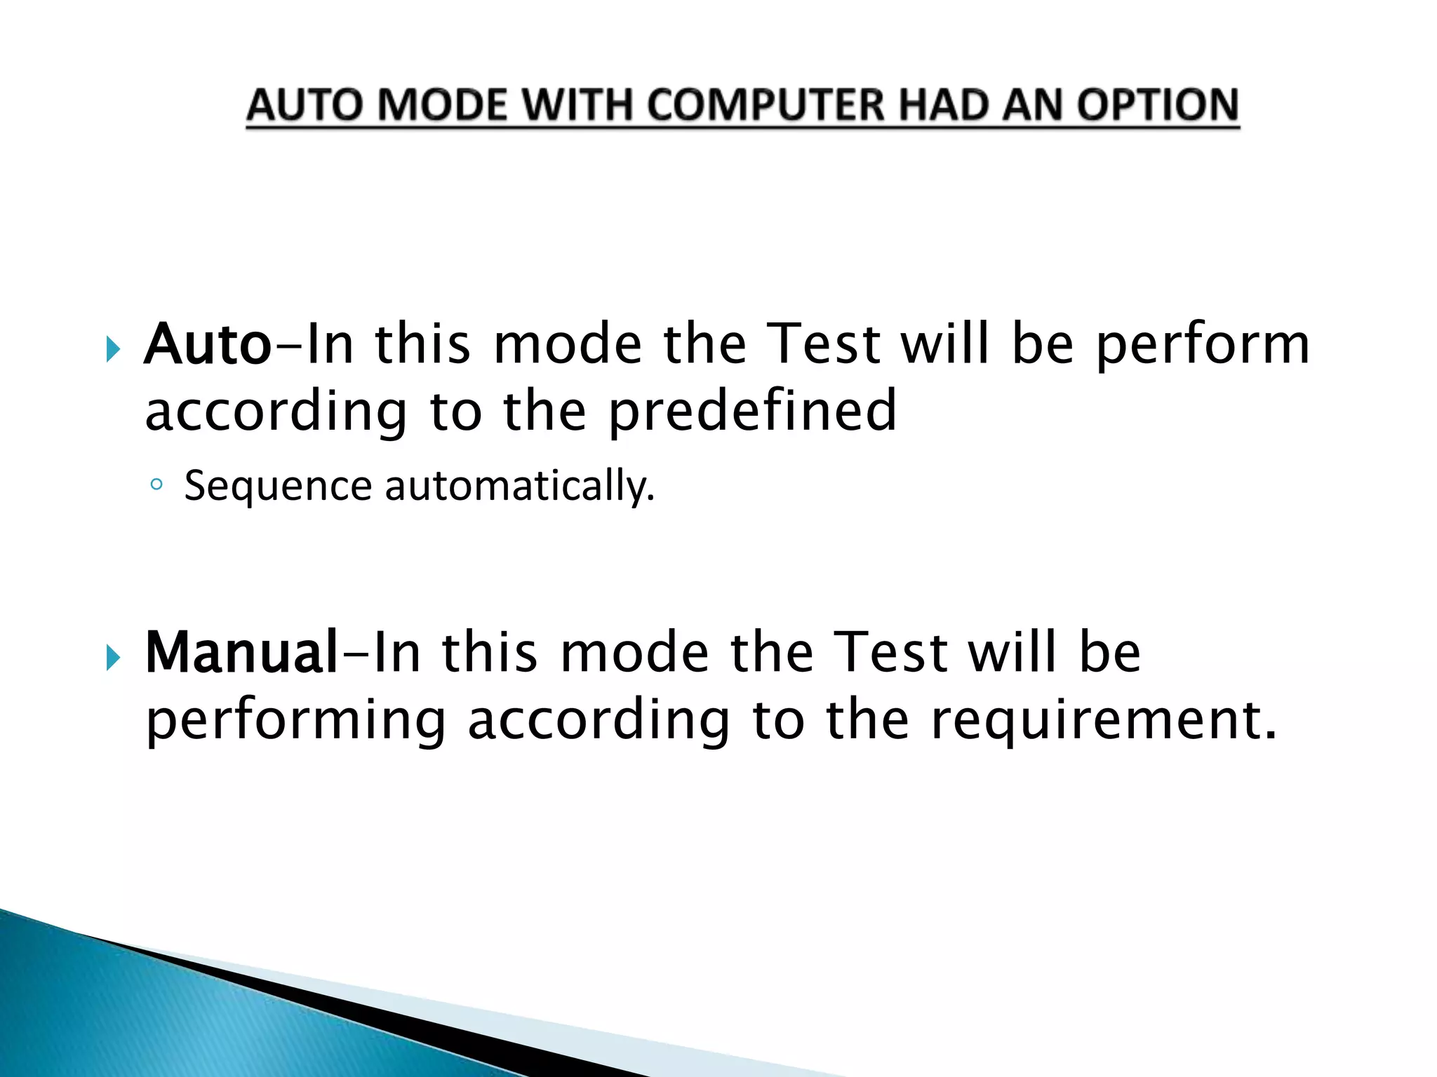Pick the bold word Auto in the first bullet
point(208,344)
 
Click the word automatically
point(520,486)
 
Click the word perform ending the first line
point(1203,346)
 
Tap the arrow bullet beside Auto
point(114,348)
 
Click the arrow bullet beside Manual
point(114,657)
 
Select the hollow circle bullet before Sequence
point(156,484)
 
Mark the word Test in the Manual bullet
point(892,652)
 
